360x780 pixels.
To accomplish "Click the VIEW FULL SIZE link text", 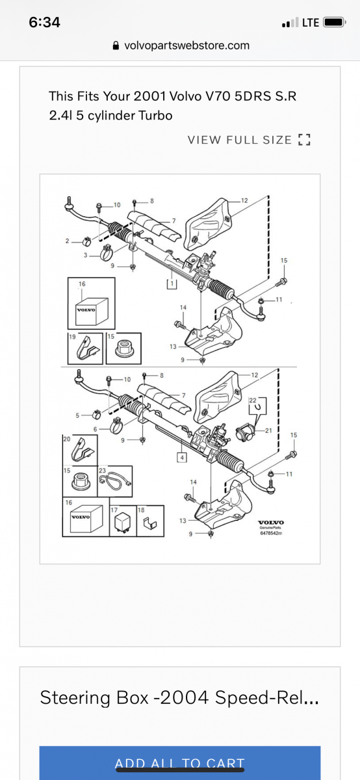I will [240, 140].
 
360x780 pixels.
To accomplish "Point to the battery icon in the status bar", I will [334, 22].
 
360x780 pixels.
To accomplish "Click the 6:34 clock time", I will [45, 22].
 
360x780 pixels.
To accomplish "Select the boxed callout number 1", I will [171, 283].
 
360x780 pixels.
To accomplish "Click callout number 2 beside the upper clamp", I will [67, 241].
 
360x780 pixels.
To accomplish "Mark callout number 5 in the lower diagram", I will [78, 415].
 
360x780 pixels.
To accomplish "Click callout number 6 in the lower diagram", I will [96, 430].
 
